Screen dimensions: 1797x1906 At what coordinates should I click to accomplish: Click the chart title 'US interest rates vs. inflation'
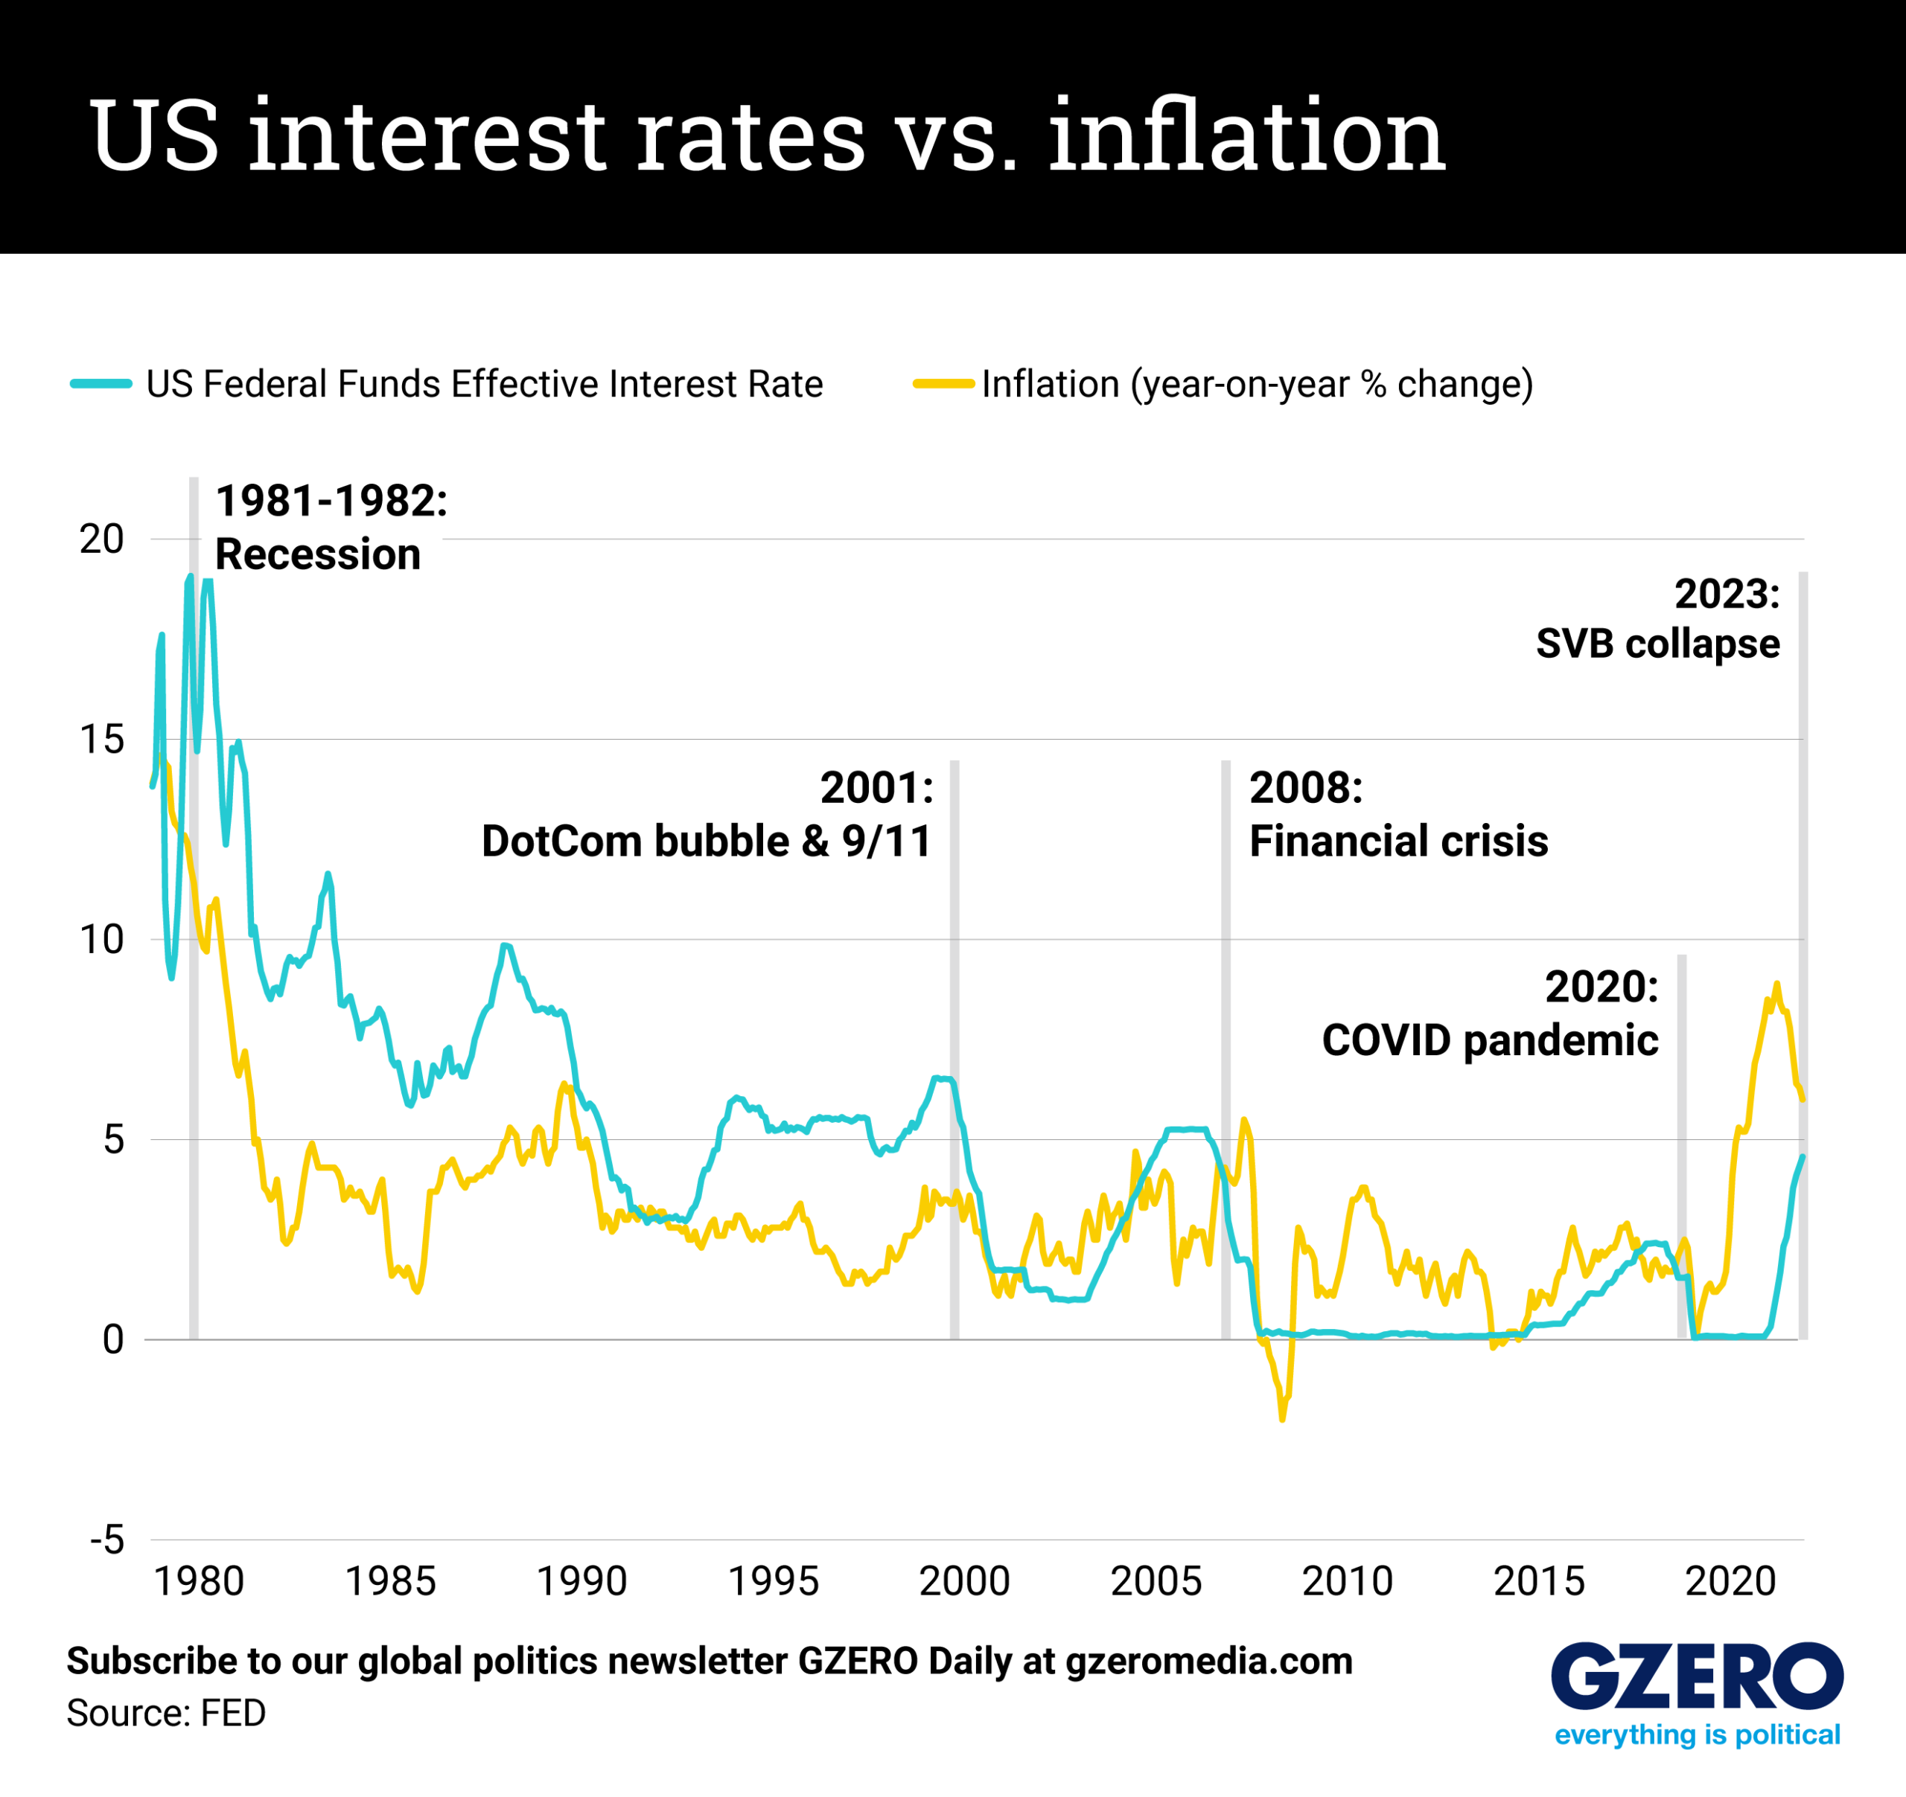tap(766, 135)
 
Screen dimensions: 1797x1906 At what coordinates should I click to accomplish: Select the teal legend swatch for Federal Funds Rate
tap(101, 384)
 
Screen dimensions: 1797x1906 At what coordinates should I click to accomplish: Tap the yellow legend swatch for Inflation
tap(943, 384)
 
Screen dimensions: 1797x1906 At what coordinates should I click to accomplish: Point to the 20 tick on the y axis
tap(101, 539)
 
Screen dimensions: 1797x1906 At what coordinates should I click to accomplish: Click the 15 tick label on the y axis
tap(101, 740)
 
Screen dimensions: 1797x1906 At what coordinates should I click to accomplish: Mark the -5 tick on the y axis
tap(107, 1540)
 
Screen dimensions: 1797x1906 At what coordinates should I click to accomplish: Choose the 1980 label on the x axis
tap(199, 1582)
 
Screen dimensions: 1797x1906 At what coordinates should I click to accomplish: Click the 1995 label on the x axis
tap(773, 1582)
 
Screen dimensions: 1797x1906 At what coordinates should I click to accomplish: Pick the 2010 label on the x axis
tap(1347, 1582)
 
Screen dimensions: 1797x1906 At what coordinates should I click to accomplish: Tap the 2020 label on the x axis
tap(1730, 1582)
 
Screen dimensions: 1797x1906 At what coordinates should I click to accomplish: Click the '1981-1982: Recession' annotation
tap(331, 528)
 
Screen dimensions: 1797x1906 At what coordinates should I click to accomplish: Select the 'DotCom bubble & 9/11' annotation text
tap(706, 842)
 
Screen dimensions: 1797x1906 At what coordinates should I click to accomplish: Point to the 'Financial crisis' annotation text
tap(1398, 842)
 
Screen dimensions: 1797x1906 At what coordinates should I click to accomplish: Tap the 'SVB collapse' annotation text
tap(1657, 644)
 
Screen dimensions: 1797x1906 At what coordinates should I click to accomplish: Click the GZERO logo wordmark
tap(1696, 1678)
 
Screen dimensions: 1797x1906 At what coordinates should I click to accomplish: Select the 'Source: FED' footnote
tap(166, 1714)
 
